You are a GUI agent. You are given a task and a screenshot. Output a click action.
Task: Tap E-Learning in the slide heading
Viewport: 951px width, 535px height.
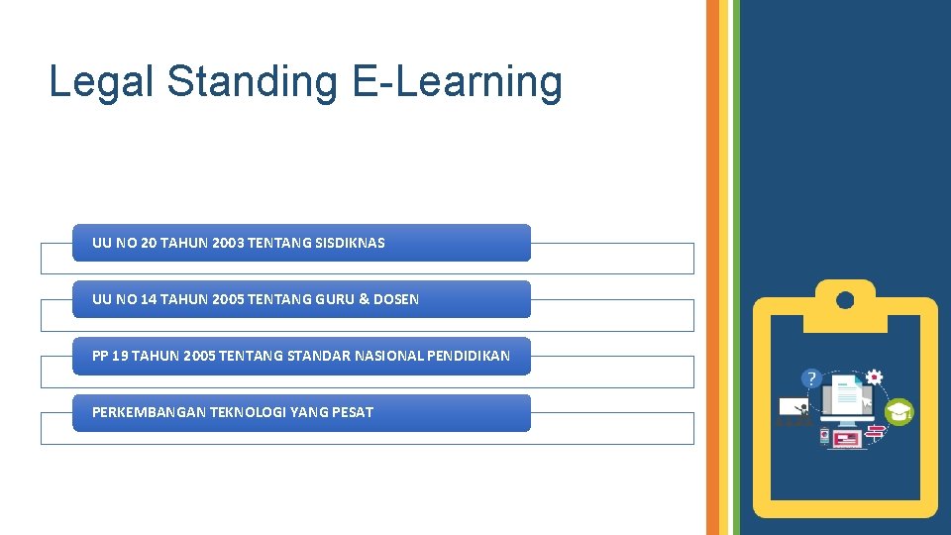pyautogui.click(x=457, y=81)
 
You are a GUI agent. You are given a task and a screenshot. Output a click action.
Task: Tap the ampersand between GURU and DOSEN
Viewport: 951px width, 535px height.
pyautogui.click(x=365, y=299)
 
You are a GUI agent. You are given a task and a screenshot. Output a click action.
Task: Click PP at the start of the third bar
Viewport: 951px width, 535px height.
pyautogui.click(x=101, y=356)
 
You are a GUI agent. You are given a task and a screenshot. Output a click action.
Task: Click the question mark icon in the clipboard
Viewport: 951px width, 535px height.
pyautogui.click(x=812, y=378)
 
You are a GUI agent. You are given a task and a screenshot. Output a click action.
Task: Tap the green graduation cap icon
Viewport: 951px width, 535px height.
pyautogui.click(x=898, y=412)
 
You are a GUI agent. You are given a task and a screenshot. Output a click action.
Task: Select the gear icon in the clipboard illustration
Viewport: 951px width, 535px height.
pyautogui.click(x=874, y=377)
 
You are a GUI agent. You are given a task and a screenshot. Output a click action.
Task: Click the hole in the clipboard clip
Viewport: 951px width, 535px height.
pyautogui.click(x=845, y=299)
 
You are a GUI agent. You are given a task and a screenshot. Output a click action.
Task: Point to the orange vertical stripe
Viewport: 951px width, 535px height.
pyautogui.click(x=712, y=267)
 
